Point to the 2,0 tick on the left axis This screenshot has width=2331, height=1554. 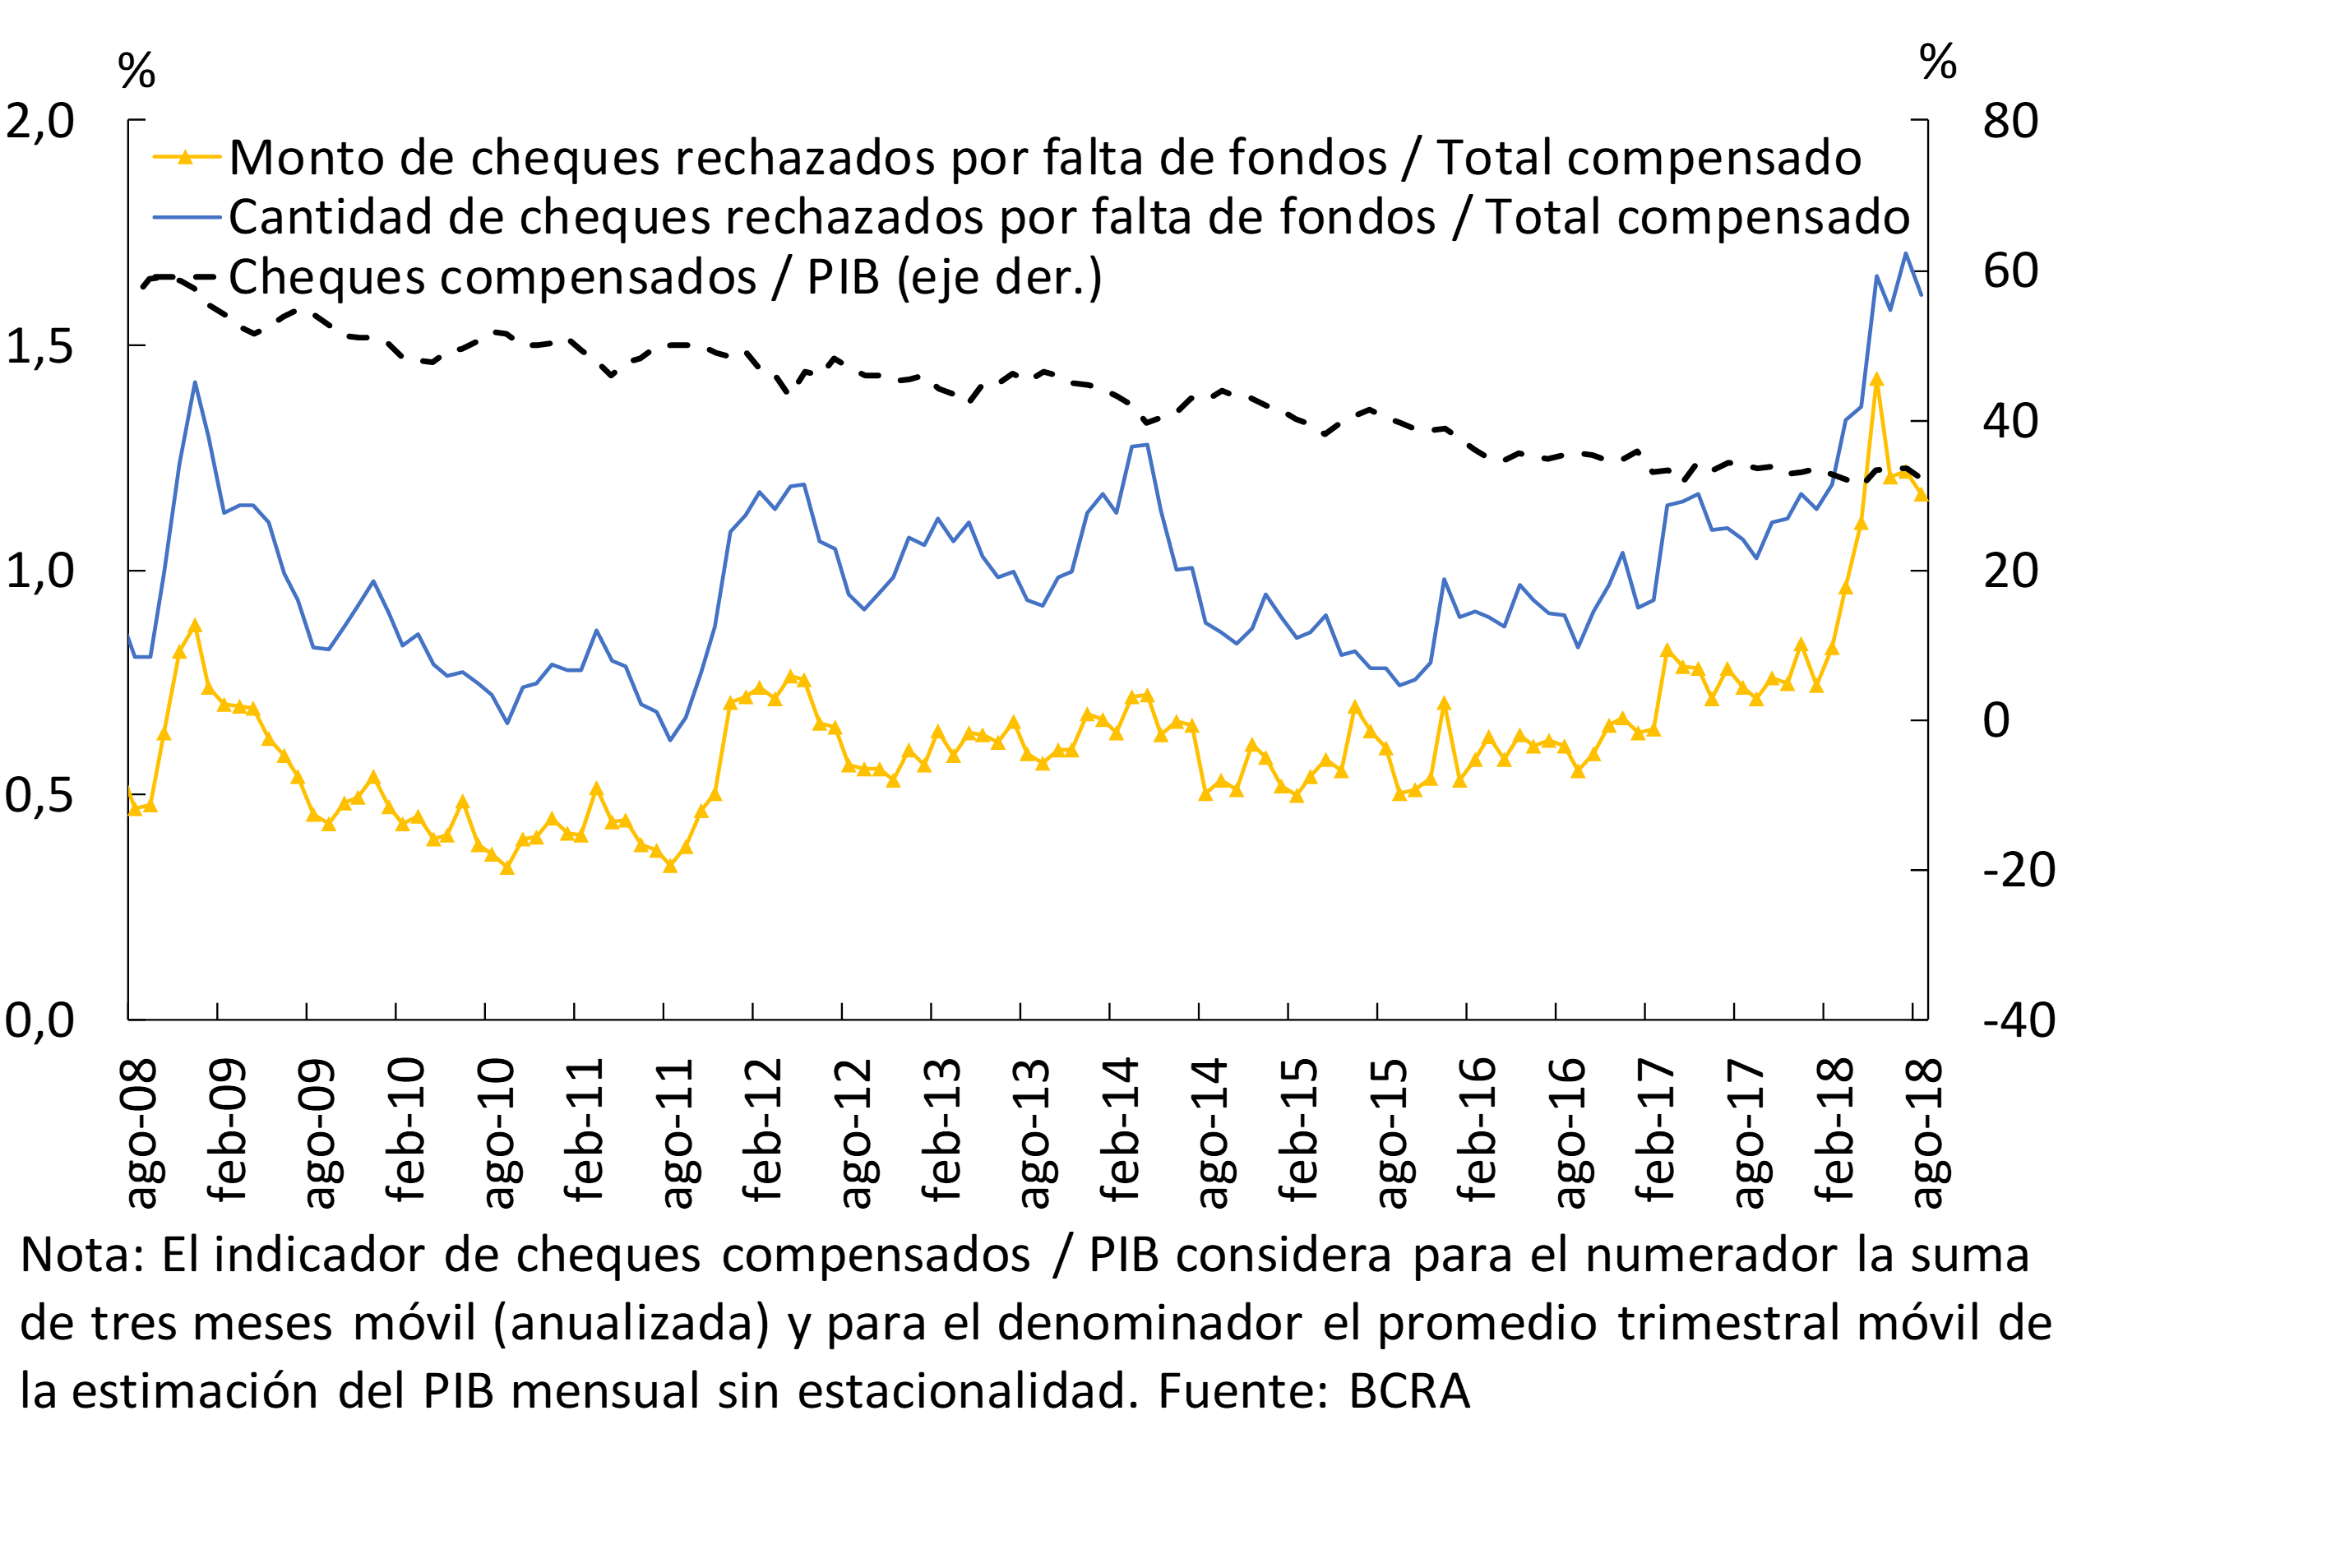pos(39,121)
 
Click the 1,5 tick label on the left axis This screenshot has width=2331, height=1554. pos(39,346)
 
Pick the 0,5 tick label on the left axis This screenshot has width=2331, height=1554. pos(39,796)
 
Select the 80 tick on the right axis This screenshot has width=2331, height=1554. pos(2010,121)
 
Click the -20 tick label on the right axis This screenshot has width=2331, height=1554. pos(2018,870)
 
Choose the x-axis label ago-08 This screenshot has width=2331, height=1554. pos(141,1133)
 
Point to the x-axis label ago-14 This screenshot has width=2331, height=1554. pos(1212,1133)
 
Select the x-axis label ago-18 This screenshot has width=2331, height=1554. pos(1926,1133)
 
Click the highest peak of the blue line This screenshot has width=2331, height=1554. pos(1906,254)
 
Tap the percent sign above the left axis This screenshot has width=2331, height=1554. pos(136,71)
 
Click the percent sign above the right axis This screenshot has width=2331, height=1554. pos(1937,62)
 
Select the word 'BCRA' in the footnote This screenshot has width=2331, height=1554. pos(1408,1390)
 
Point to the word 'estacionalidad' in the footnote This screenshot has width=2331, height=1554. pos(967,1390)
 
